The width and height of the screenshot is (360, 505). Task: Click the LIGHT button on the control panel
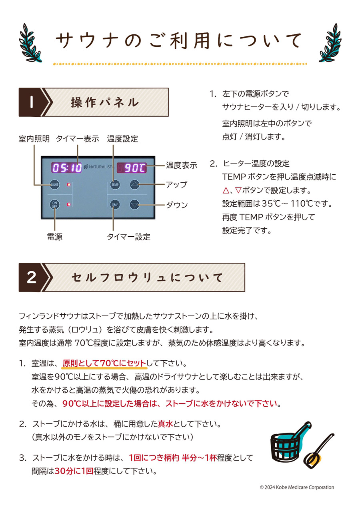coord(54,185)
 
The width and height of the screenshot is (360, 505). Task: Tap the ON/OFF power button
coord(54,205)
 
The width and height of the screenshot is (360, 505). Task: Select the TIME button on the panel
coord(115,205)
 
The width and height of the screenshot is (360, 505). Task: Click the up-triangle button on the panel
coord(135,185)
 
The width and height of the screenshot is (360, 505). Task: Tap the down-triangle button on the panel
coord(135,205)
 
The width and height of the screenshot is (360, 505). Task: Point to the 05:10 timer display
coord(66,168)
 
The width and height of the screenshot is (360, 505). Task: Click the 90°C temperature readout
coord(131,168)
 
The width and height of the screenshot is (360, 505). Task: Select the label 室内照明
coord(34,139)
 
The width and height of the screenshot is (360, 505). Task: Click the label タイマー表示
coord(77,139)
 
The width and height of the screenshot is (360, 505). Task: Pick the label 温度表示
coord(182,165)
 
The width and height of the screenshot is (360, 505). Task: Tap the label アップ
coord(176,185)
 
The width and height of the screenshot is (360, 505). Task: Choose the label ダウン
coord(177,205)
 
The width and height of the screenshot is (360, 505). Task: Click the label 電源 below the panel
coord(55,237)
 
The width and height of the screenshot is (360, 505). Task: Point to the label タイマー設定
coord(128,237)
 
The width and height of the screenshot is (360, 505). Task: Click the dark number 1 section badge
coord(31,102)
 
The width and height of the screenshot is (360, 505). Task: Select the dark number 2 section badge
coord(31,277)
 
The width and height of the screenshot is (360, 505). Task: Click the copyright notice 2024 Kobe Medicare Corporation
coord(296,487)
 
